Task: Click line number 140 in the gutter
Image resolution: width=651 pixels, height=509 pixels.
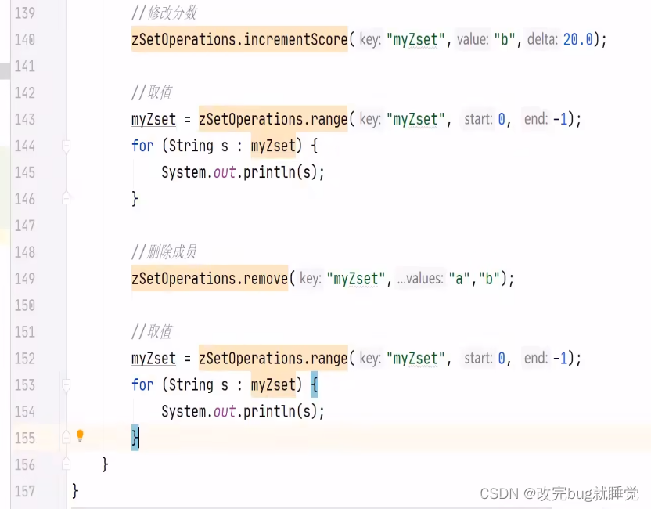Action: (25, 39)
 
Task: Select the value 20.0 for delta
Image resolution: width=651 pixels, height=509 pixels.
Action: (578, 39)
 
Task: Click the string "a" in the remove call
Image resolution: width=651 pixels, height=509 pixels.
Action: (456, 278)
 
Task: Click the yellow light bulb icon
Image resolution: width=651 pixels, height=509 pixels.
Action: (79, 436)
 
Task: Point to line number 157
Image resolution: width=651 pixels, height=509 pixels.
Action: (25, 491)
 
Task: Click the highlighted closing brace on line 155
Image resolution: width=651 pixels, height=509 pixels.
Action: (135, 438)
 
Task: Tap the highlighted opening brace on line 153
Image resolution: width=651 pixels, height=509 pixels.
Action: (314, 384)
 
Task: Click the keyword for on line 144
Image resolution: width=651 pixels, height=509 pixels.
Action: (142, 146)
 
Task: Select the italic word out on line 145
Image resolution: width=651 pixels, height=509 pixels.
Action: (225, 172)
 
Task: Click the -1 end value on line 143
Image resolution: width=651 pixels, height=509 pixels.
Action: (559, 119)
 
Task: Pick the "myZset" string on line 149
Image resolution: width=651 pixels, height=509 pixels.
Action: (358, 278)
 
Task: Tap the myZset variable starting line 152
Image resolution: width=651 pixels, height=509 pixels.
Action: (153, 358)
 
